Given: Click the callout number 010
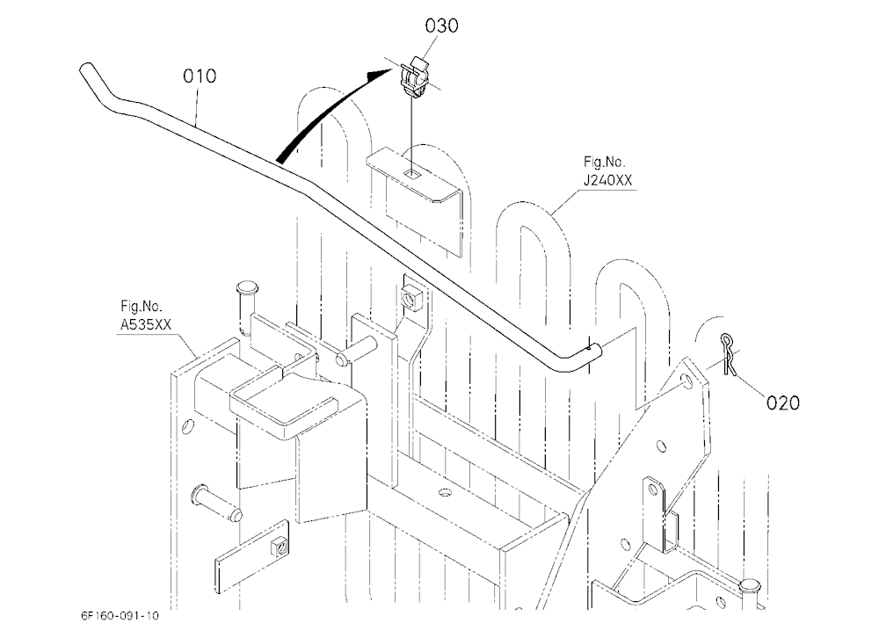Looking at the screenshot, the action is pos(200,76).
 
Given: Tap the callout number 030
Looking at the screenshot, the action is pos(442,25).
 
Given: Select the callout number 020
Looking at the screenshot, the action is pos(783,402).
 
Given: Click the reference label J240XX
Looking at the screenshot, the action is pos(607,180).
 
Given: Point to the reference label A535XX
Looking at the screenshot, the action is pos(146,324).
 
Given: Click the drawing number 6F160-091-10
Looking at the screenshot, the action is pos(120,615).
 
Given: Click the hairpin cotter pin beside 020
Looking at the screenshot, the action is pos(728,354).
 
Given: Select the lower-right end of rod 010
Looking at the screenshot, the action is pos(598,351).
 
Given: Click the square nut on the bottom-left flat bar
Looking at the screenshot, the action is pos(279,546).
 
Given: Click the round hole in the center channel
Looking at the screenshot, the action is pos(446,492).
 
